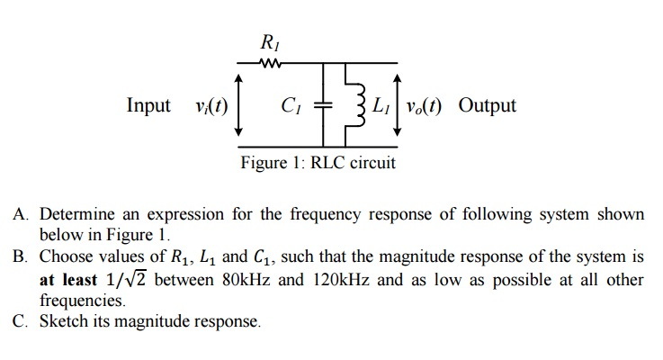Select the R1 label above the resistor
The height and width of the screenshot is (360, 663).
(x=269, y=41)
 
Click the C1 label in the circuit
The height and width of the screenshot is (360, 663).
(x=290, y=105)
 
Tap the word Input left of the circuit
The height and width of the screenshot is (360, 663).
(x=148, y=105)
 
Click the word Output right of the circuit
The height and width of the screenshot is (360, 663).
(x=487, y=105)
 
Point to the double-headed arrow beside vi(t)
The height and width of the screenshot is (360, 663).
(x=238, y=105)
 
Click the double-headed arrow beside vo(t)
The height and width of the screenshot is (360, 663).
(x=397, y=105)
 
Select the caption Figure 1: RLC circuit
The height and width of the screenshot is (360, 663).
(x=318, y=163)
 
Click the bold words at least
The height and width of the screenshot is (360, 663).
(x=68, y=279)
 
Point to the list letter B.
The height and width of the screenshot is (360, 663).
(x=20, y=256)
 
